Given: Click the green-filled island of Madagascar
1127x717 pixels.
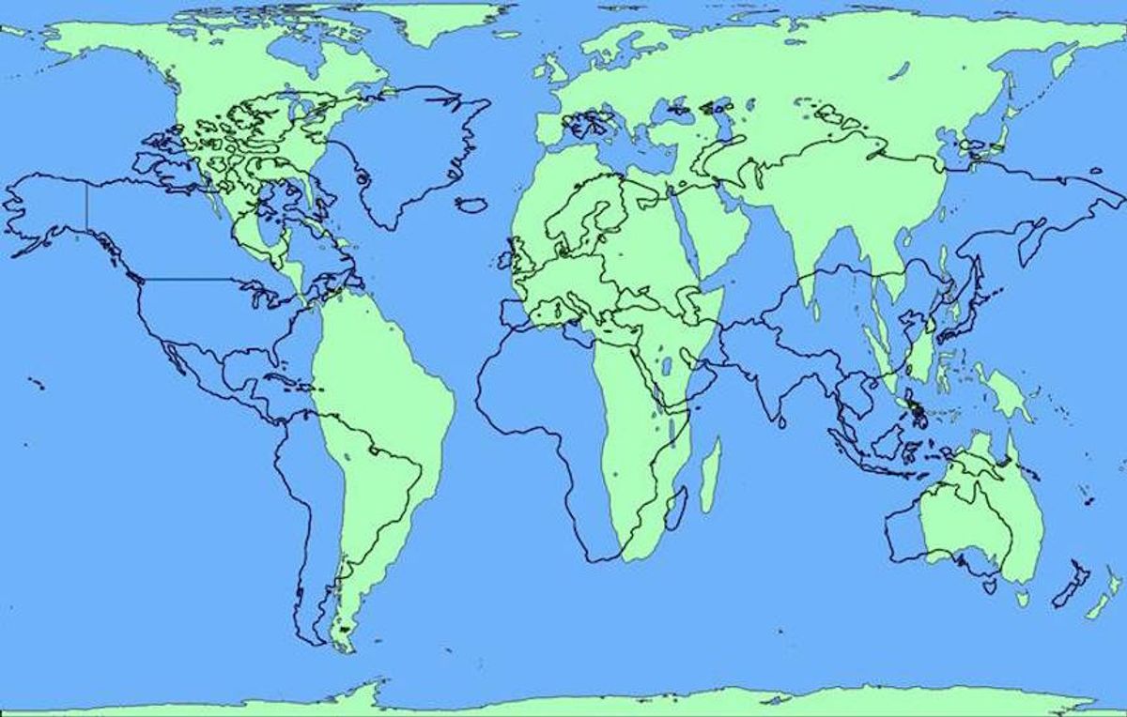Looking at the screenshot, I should (x=712, y=474).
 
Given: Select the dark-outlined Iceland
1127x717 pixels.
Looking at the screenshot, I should (x=471, y=204).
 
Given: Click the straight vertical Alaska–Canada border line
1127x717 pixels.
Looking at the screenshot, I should (x=87, y=206).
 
